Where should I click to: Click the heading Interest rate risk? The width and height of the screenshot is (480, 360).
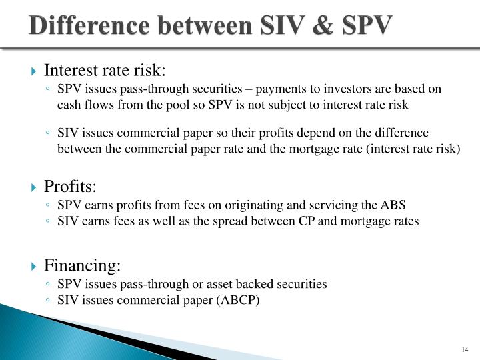[x=105, y=70]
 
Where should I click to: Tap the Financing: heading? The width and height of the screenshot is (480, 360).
[x=82, y=266]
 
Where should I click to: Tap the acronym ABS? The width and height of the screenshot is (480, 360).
[x=395, y=204]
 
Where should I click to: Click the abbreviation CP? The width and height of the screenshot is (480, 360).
[x=308, y=221]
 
